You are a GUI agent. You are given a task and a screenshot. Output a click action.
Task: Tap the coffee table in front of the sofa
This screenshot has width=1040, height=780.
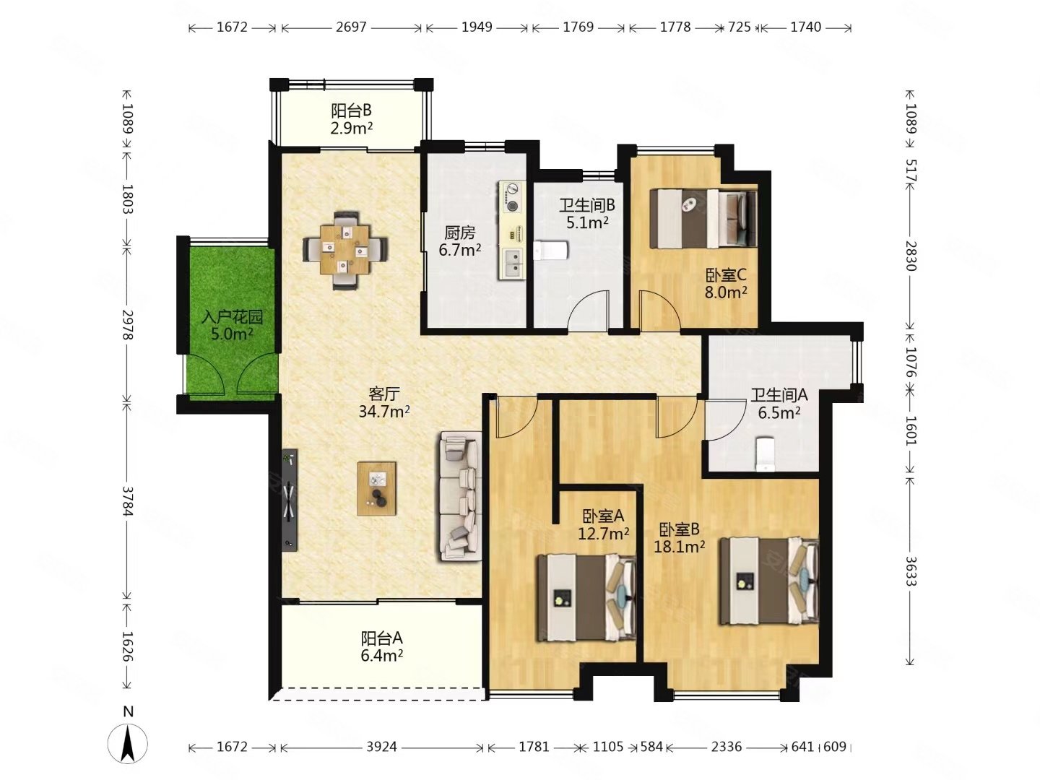pyautogui.click(x=376, y=488)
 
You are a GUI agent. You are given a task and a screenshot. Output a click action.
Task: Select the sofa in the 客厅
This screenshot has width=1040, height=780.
pyautogui.click(x=459, y=496)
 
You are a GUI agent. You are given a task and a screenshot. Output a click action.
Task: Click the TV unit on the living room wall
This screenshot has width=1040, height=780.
pyautogui.click(x=290, y=500)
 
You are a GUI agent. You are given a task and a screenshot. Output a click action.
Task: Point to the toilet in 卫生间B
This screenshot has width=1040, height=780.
pyautogui.click(x=550, y=250)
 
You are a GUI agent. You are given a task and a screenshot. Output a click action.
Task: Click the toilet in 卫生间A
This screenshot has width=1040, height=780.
pyautogui.click(x=765, y=455)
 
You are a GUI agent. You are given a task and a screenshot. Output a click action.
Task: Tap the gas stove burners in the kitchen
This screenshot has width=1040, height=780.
pyautogui.click(x=511, y=196)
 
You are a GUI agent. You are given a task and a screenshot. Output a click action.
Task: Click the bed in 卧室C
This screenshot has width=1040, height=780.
pyautogui.click(x=703, y=218)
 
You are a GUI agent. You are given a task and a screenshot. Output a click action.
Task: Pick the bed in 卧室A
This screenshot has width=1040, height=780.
pyautogui.click(x=586, y=599)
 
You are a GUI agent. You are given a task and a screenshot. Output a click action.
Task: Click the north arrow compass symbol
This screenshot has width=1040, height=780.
pyautogui.click(x=127, y=744)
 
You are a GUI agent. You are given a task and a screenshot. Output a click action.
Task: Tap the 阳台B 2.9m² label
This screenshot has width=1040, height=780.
pyautogui.click(x=351, y=119)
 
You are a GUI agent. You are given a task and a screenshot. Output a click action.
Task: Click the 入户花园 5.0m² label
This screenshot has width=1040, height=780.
pyautogui.click(x=232, y=325)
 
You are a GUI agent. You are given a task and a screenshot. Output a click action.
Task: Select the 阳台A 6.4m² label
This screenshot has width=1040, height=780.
pyautogui.click(x=381, y=646)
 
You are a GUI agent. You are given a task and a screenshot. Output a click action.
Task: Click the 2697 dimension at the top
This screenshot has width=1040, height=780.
pyautogui.click(x=351, y=27)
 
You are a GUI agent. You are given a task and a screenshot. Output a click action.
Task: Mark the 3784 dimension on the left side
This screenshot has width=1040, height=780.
pyautogui.click(x=127, y=500)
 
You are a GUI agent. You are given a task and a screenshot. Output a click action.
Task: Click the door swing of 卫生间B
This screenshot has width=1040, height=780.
pyautogui.click(x=587, y=309)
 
